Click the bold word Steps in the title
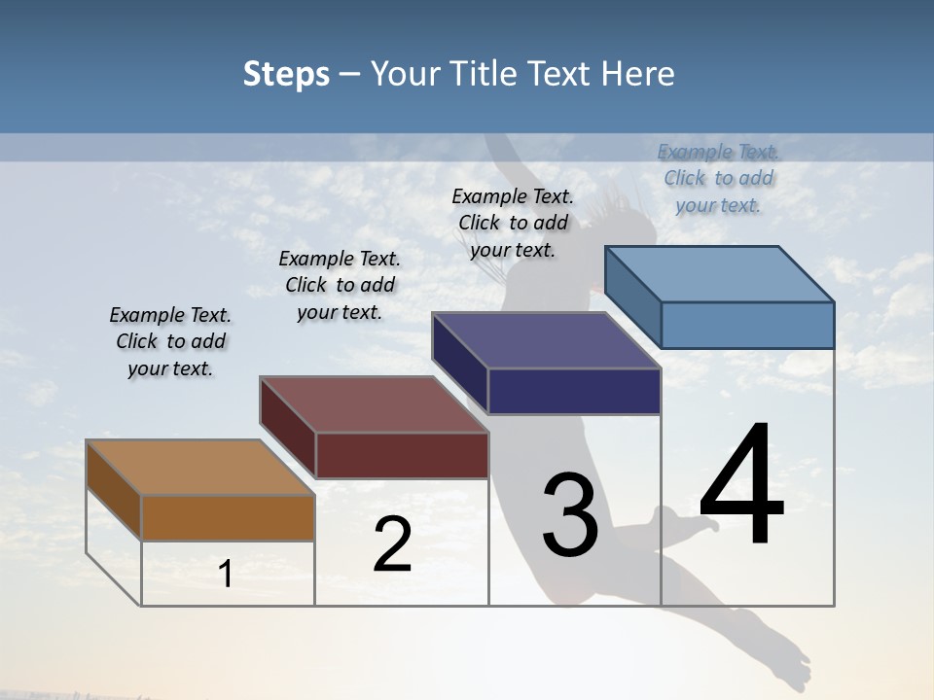(x=286, y=74)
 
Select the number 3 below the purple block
(x=570, y=515)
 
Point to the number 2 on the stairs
(x=393, y=544)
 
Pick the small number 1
(x=226, y=575)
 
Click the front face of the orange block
(x=228, y=518)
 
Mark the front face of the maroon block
(x=402, y=455)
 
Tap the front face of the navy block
(x=574, y=391)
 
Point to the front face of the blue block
(x=747, y=325)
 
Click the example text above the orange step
(x=170, y=341)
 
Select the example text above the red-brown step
(x=340, y=285)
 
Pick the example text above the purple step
(x=513, y=223)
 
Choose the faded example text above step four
(x=718, y=178)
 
